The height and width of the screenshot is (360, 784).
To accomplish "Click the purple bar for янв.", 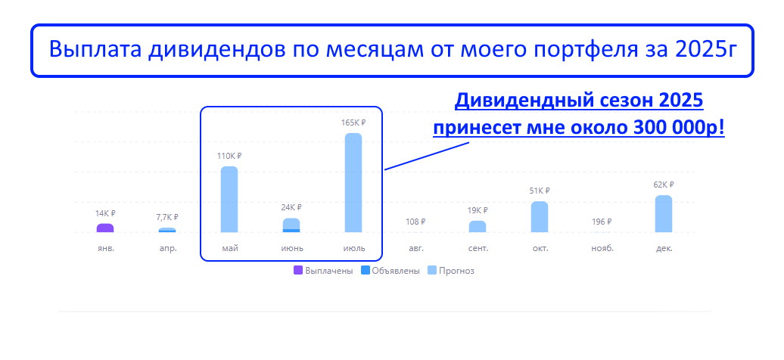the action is [105, 228].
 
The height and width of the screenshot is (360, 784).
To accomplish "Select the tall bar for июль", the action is [353, 182].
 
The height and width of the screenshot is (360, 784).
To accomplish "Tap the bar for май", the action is [229, 200].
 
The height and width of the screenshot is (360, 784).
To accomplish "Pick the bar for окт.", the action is [540, 217].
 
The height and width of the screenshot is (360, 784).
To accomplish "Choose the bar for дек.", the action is [664, 214].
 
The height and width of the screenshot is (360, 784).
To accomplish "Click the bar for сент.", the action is [478, 226].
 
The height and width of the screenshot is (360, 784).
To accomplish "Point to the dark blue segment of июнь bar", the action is [291, 231].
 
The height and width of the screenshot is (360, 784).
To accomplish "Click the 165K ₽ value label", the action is [353, 123].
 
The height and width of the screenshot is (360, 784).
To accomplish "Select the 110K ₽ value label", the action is [229, 156].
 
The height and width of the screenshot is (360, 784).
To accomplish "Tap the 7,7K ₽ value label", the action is [167, 217].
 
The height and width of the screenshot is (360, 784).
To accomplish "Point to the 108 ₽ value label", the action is [415, 222].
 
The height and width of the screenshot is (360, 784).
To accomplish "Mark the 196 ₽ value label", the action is [602, 222].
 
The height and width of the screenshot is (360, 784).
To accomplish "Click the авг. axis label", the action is [415, 248].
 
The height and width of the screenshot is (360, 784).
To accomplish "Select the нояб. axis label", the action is [602, 248].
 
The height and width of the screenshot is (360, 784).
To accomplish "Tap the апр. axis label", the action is [167, 248].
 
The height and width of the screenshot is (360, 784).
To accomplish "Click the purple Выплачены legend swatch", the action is [298, 271].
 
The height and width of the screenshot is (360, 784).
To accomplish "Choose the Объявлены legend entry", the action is [390, 271].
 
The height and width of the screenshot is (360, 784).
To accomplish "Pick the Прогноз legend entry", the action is [451, 271].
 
